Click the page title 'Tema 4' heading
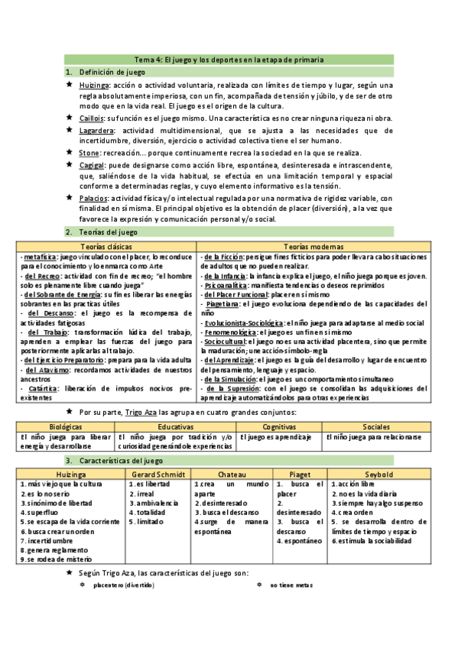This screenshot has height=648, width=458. click(x=229, y=59)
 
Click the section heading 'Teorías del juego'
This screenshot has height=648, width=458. click(x=106, y=232)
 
